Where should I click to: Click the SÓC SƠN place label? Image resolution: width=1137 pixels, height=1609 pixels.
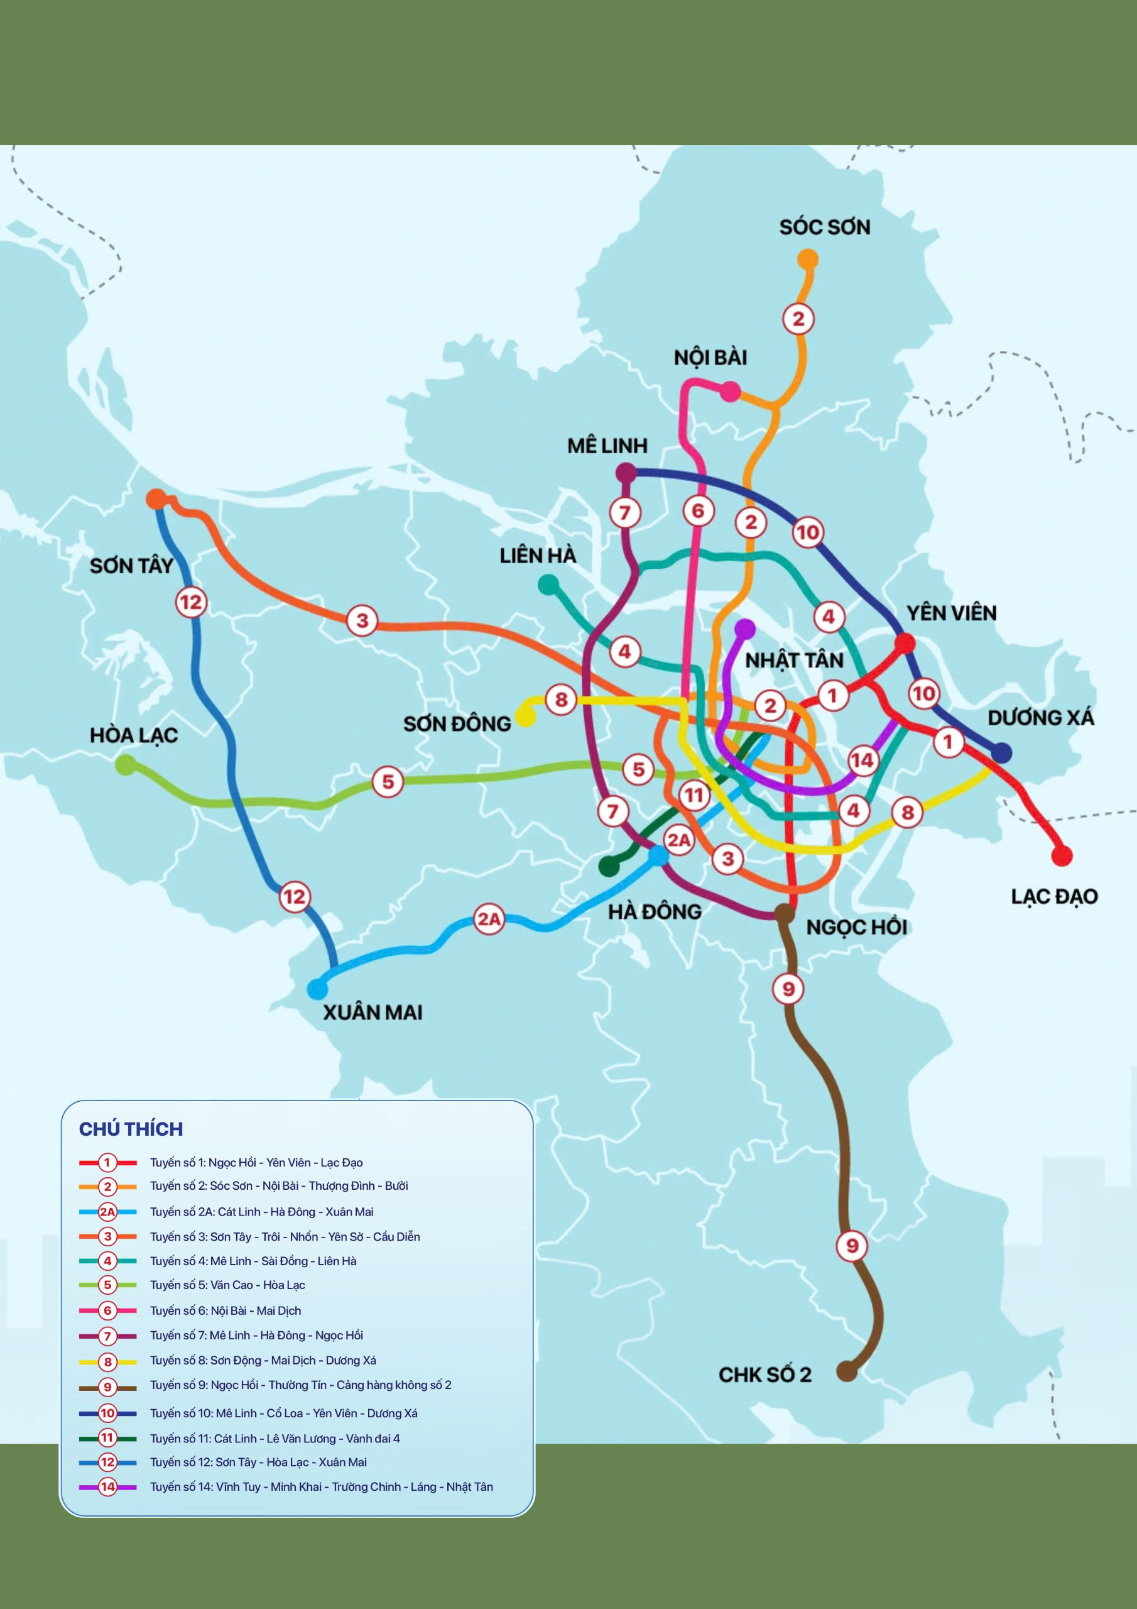pos(825,227)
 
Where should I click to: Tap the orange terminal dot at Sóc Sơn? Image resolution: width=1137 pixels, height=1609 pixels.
pos(808,260)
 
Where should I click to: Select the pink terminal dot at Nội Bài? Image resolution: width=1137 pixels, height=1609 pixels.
pos(730,392)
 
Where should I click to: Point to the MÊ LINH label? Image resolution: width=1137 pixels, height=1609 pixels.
pos(607,446)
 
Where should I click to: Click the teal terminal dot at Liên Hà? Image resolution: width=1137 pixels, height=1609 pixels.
pos(548,584)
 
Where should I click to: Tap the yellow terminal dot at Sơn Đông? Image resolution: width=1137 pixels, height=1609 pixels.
pos(525,717)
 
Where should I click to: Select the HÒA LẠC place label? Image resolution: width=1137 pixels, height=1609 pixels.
pos(134,735)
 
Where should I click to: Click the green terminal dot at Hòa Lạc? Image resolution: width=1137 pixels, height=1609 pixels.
pos(126,764)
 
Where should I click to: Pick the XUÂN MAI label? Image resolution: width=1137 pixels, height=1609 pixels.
pos(372,1012)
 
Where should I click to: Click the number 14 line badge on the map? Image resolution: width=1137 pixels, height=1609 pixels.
pos(862,761)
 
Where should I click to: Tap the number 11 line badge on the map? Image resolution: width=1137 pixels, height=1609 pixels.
pos(694,794)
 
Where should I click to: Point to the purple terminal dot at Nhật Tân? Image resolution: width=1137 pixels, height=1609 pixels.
pos(744,629)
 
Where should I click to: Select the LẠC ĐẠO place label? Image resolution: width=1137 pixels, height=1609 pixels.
pos(1053,896)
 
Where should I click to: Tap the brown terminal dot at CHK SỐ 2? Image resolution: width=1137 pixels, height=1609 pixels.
pos(846,1371)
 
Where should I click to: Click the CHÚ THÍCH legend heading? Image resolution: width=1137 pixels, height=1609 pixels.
pos(131,1129)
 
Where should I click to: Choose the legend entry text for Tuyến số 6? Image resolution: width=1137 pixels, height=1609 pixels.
pos(225,1310)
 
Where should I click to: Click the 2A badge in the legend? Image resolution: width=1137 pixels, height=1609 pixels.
pos(107,1212)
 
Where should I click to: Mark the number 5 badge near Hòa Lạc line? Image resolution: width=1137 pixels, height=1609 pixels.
pos(388,781)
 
